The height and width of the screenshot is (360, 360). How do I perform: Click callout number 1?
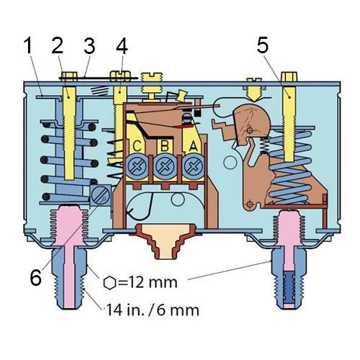pyautogui.click(x=28, y=46)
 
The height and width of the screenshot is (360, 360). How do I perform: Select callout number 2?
pyautogui.click(x=58, y=45)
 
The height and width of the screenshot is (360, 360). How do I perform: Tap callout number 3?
pyautogui.click(x=89, y=45)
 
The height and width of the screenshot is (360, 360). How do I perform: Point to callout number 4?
pyautogui.click(x=122, y=45)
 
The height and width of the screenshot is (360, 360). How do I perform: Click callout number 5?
pyautogui.click(x=262, y=45)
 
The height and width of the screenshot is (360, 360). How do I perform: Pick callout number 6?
pyautogui.click(x=36, y=278)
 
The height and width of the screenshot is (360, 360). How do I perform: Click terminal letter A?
pyautogui.click(x=193, y=145)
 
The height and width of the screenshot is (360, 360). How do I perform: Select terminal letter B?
pyautogui.click(x=165, y=145)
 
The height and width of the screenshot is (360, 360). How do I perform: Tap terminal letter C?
pyautogui.click(x=137, y=146)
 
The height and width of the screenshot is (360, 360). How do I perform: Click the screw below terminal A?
pyautogui.click(x=193, y=166)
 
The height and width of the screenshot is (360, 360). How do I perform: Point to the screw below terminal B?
pyautogui.click(x=165, y=166)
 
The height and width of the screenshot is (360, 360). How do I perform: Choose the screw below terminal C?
pyautogui.click(x=137, y=166)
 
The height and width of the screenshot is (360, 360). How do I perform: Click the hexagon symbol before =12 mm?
pyautogui.click(x=110, y=283)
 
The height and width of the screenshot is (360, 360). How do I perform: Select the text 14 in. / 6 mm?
pyautogui.click(x=153, y=310)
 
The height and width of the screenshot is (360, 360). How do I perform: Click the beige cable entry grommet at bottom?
pyautogui.click(x=166, y=241)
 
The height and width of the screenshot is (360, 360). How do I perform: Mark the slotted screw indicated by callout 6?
pyautogui.click(x=101, y=196)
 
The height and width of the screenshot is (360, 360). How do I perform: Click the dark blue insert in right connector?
pyautogui.click(x=289, y=287)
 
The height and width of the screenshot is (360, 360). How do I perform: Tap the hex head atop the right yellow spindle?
pyautogui.click(x=289, y=77)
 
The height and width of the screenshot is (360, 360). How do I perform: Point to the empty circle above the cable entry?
pyautogui.click(x=178, y=199)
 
